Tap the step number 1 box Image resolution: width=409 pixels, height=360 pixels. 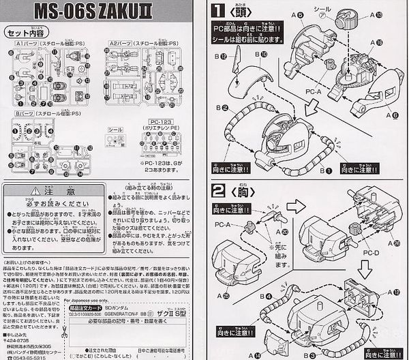(x=217, y=11)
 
